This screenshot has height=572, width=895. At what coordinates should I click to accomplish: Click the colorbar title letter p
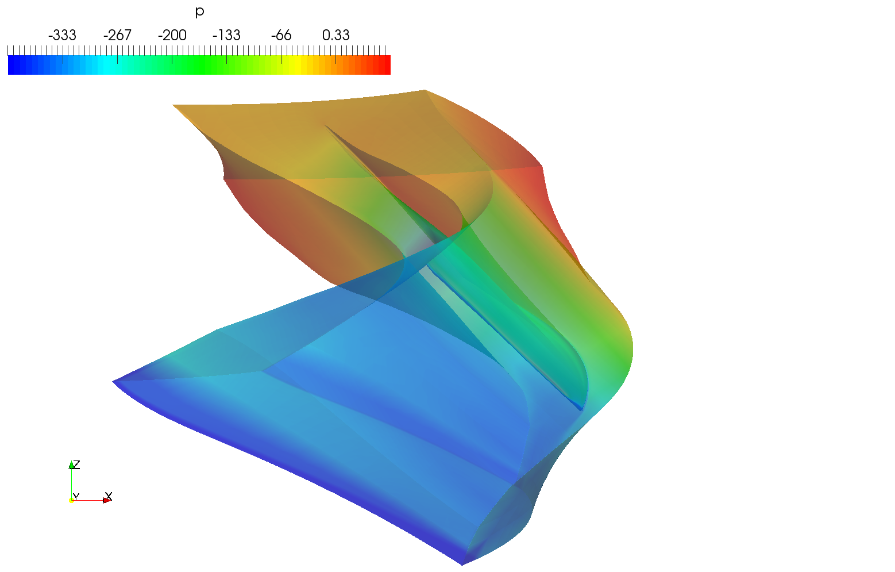(200, 12)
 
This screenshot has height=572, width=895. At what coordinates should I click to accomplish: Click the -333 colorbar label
(62, 35)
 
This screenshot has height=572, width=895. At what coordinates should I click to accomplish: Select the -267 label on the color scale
(117, 35)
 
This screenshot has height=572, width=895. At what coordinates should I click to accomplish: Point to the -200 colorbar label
(172, 35)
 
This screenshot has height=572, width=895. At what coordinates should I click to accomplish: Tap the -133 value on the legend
(226, 35)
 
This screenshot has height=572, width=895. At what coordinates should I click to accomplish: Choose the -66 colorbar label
(281, 35)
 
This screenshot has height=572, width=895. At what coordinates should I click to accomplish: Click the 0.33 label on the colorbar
(335, 35)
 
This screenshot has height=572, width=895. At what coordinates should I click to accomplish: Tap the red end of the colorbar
(384, 65)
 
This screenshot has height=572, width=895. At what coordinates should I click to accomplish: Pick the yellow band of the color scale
(296, 65)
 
